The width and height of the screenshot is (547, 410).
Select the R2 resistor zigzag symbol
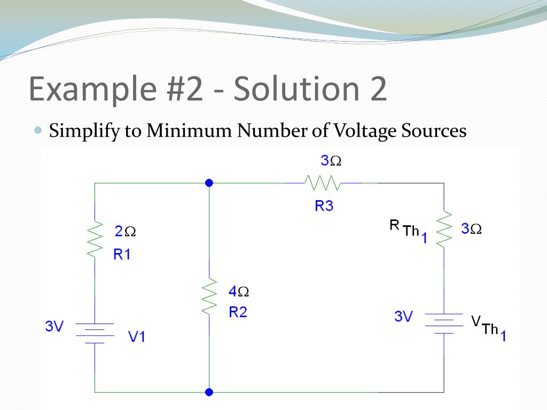(x=209, y=296)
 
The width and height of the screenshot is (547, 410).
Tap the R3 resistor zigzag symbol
(x=323, y=183)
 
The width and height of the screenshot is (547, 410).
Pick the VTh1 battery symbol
(x=444, y=324)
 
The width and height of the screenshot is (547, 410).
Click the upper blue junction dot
(x=209, y=183)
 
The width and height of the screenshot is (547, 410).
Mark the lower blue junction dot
(x=209, y=392)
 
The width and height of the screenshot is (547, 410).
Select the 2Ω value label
(x=125, y=232)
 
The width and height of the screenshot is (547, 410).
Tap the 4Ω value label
(x=238, y=291)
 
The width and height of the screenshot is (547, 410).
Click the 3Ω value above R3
(x=331, y=161)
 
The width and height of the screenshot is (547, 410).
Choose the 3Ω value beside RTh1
(x=472, y=229)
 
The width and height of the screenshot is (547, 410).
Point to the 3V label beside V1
(x=54, y=327)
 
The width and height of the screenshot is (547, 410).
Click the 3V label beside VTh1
(x=404, y=317)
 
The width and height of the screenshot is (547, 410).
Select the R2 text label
(x=238, y=313)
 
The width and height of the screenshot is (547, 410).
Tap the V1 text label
(x=137, y=337)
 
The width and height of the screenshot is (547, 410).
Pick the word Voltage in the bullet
(x=364, y=131)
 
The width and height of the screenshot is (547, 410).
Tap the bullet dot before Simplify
(x=37, y=130)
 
